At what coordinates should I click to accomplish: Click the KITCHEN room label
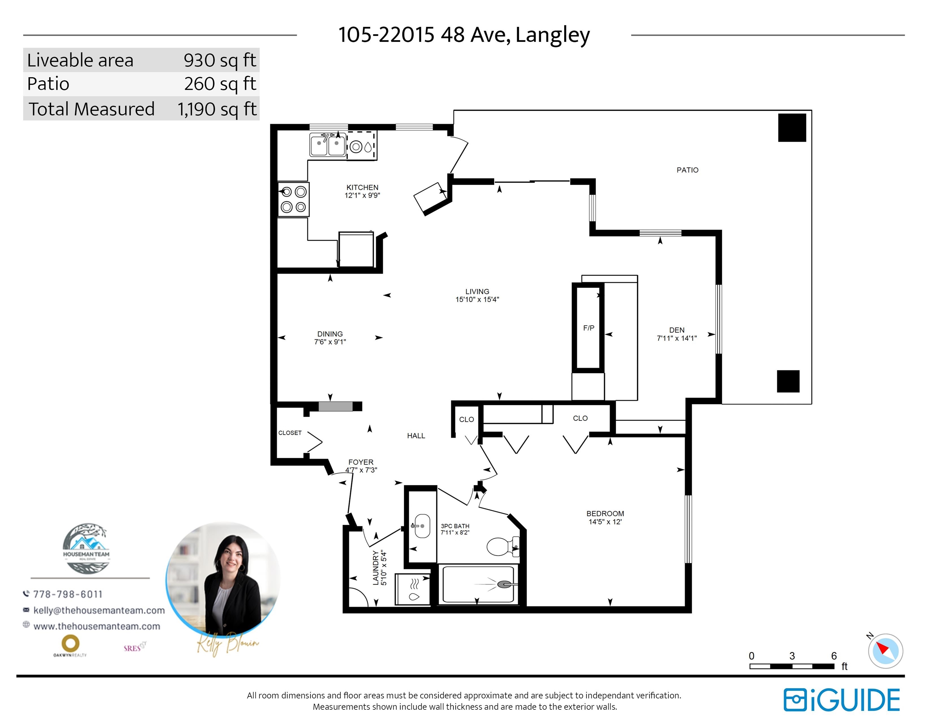point(362,187)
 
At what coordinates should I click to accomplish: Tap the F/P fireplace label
point(589,328)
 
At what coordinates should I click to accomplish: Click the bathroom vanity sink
point(422,526)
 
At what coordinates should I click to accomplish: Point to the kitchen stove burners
point(294,199)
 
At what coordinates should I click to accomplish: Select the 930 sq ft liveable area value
point(220,60)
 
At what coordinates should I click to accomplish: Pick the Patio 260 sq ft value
point(220,84)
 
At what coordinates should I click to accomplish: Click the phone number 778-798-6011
point(68,594)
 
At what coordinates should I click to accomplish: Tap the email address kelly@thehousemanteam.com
point(99,611)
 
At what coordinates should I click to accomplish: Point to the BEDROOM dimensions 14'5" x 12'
point(605,522)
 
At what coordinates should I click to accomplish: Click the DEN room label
point(677,330)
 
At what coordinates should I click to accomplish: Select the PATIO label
point(687,170)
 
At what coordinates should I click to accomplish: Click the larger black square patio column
point(792,128)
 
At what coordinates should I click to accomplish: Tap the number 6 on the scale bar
point(833,656)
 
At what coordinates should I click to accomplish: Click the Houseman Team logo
point(86,549)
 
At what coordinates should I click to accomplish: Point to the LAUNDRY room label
point(376,567)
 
